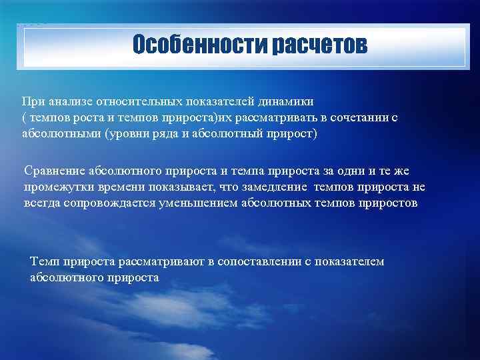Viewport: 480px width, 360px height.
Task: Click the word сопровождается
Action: click(108, 203)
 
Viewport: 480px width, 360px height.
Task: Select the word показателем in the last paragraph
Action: click(351, 262)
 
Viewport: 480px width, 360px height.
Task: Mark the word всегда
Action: click(42, 203)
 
